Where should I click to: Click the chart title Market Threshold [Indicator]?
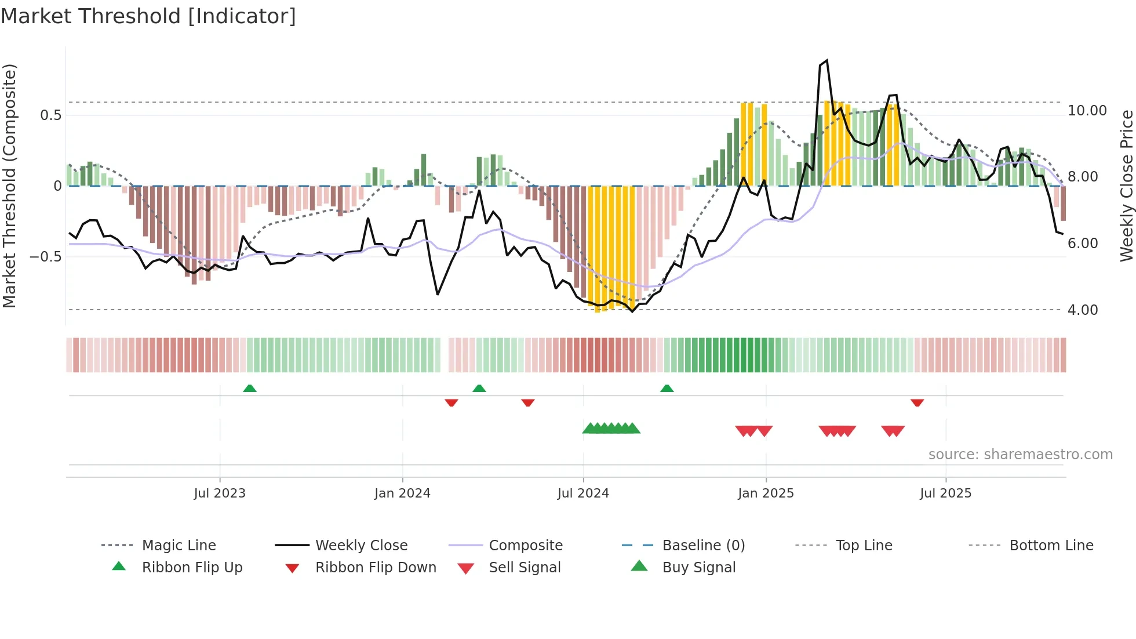(x=148, y=16)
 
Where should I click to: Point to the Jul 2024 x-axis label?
(x=583, y=493)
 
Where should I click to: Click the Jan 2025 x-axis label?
(x=766, y=493)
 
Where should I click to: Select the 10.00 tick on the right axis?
(x=1087, y=110)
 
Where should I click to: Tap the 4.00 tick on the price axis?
(x=1082, y=310)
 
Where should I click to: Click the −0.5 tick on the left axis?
(x=45, y=256)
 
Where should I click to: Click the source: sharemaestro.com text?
(x=1020, y=454)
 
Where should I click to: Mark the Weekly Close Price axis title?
(x=1126, y=186)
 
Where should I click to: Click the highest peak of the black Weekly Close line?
(x=826, y=60)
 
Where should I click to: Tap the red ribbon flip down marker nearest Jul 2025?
(x=917, y=402)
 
